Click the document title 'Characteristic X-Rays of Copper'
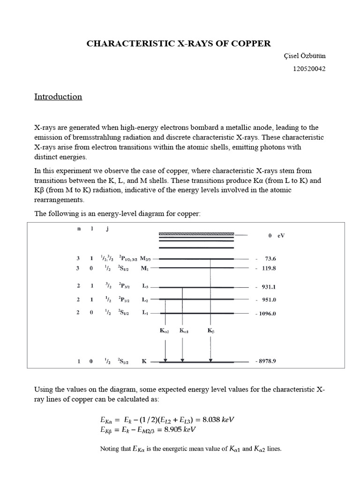pos(179,44)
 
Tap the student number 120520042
pos(309,69)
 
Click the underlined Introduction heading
pos(58,97)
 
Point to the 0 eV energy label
pos(276,236)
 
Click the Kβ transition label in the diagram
pos(210,330)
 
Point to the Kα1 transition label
pos(184,330)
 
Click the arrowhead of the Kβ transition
pos(210,360)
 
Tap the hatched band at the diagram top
pos(196,233)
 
